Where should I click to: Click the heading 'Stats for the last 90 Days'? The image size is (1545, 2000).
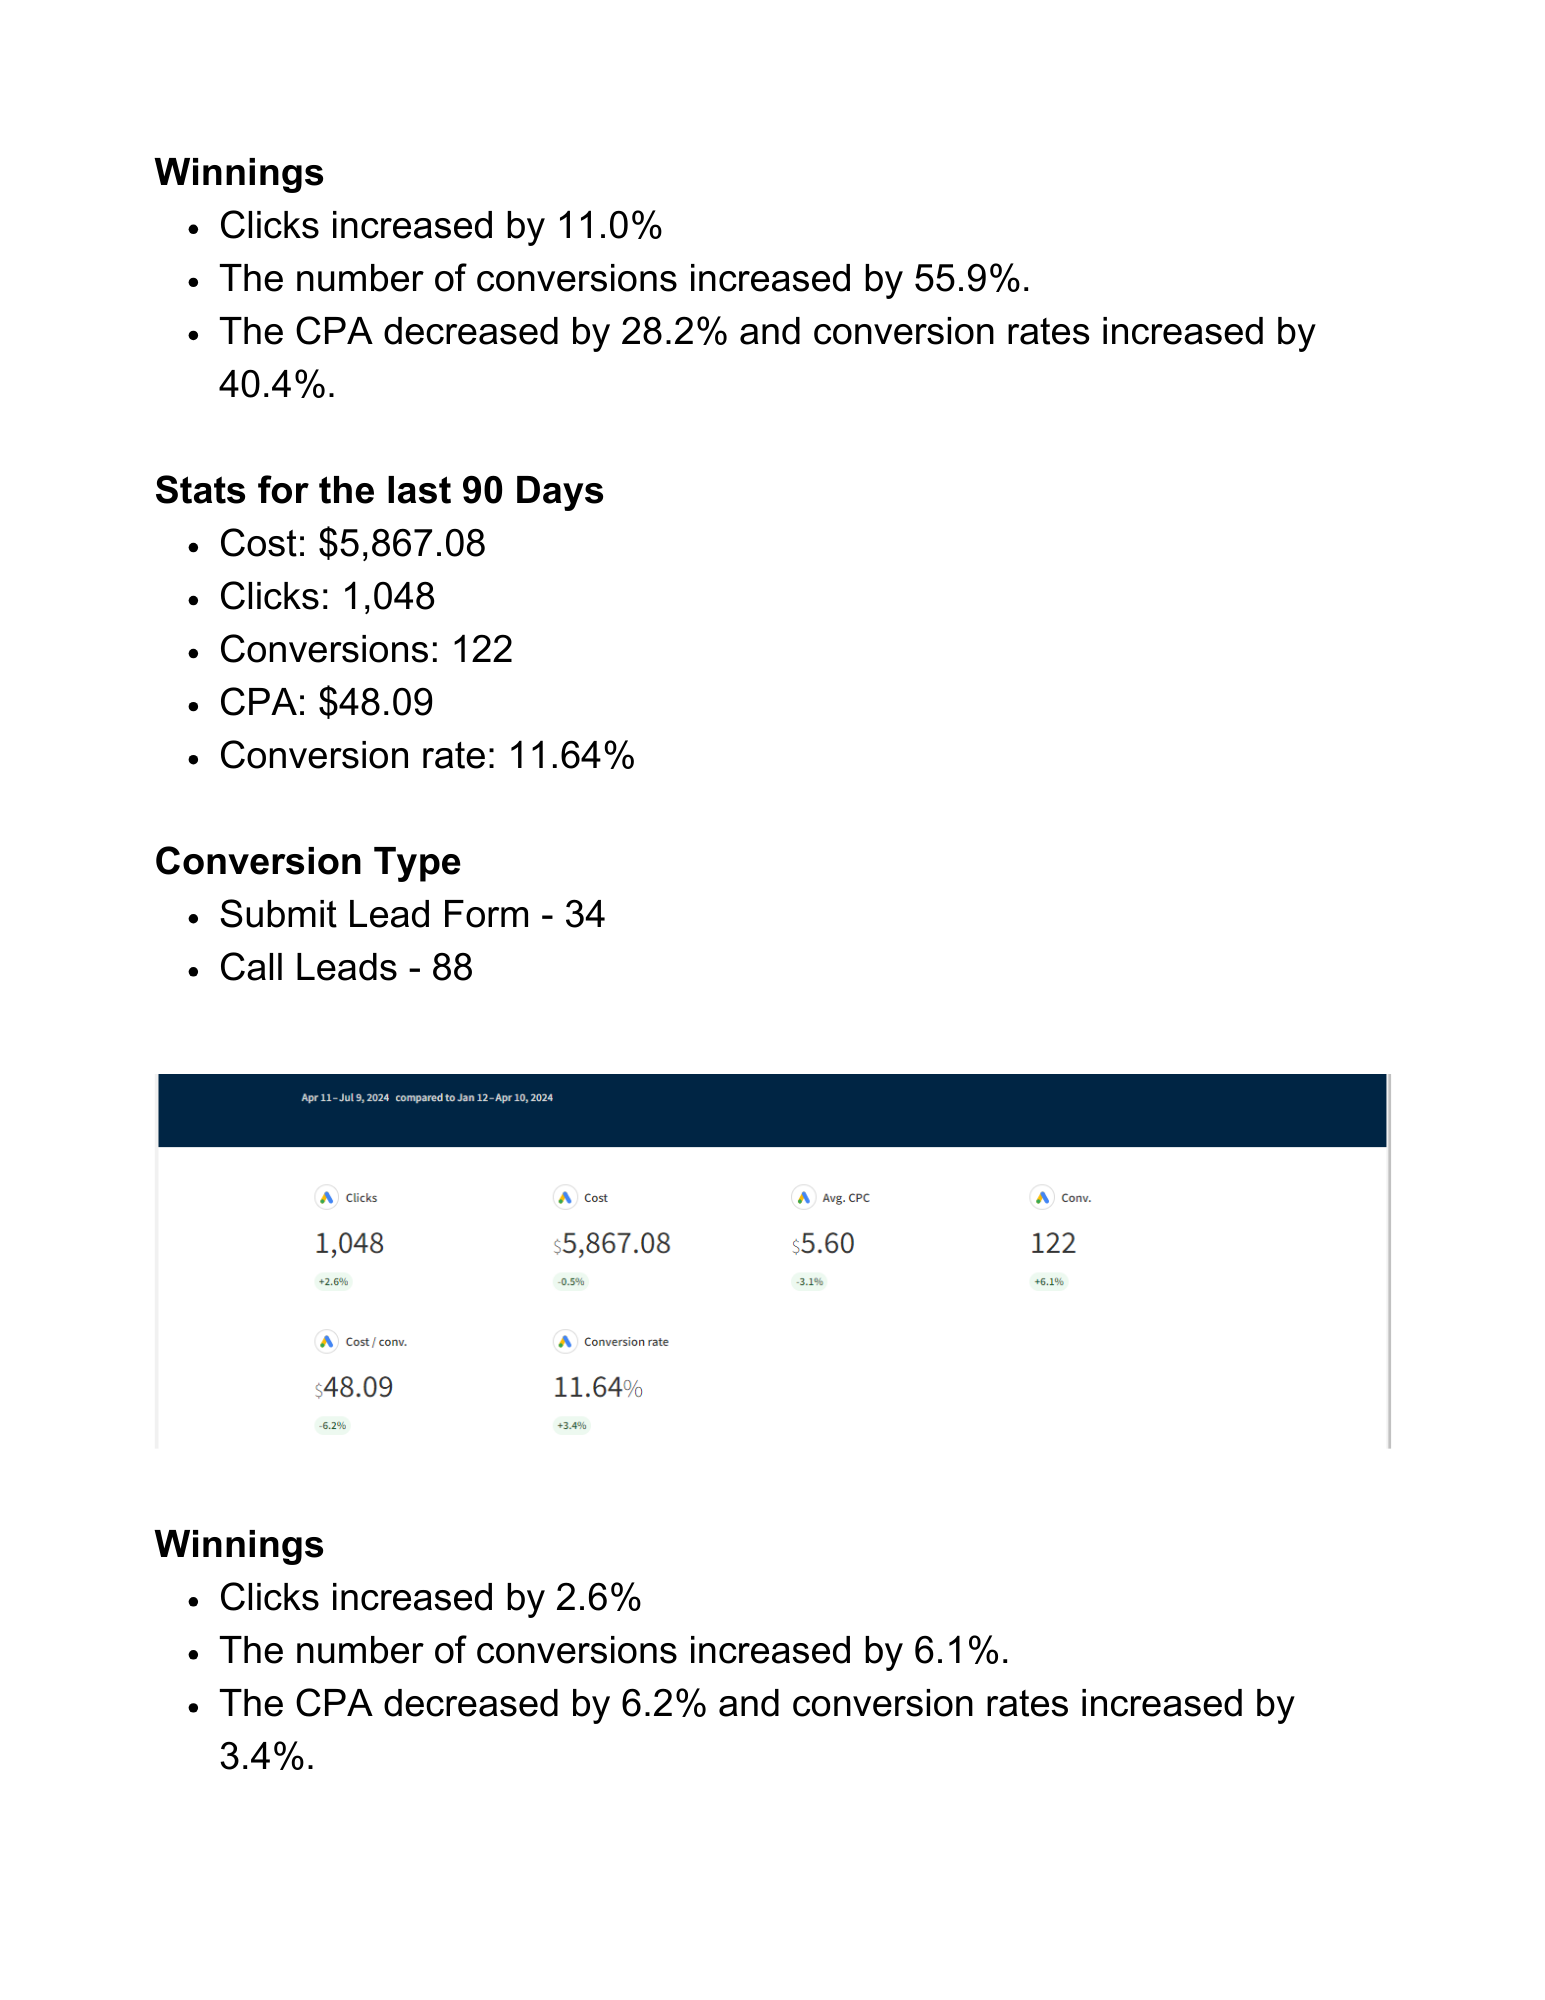(379, 491)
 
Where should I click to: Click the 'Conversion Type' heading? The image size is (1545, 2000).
(308, 862)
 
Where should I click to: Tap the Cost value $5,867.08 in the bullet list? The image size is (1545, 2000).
(401, 544)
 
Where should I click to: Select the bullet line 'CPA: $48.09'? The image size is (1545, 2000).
(326, 703)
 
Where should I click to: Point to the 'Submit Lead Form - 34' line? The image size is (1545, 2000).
(412, 915)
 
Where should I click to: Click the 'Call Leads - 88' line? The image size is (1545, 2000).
(346, 968)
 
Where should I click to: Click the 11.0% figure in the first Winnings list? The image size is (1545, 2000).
(609, 226)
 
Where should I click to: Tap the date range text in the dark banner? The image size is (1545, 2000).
(427, 1098)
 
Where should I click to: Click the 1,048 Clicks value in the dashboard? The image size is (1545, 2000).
(349, 1243)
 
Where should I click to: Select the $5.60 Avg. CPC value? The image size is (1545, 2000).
(823, 1243)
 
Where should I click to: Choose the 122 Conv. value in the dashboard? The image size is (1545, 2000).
(1053, 1243)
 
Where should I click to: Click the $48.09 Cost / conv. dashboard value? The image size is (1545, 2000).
(354, 1387)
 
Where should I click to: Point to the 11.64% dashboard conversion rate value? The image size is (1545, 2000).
(597, 1387)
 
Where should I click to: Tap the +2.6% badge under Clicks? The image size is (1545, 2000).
(333, 1282)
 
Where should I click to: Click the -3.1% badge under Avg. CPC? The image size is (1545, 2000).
(809, 1282)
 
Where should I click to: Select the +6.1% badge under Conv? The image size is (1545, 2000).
(1049, 1282)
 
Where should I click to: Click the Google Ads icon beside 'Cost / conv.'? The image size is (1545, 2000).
(327, 1342)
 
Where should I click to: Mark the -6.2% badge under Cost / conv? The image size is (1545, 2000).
(333, 1426)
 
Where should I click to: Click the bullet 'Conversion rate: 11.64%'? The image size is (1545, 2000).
(427, 756)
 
